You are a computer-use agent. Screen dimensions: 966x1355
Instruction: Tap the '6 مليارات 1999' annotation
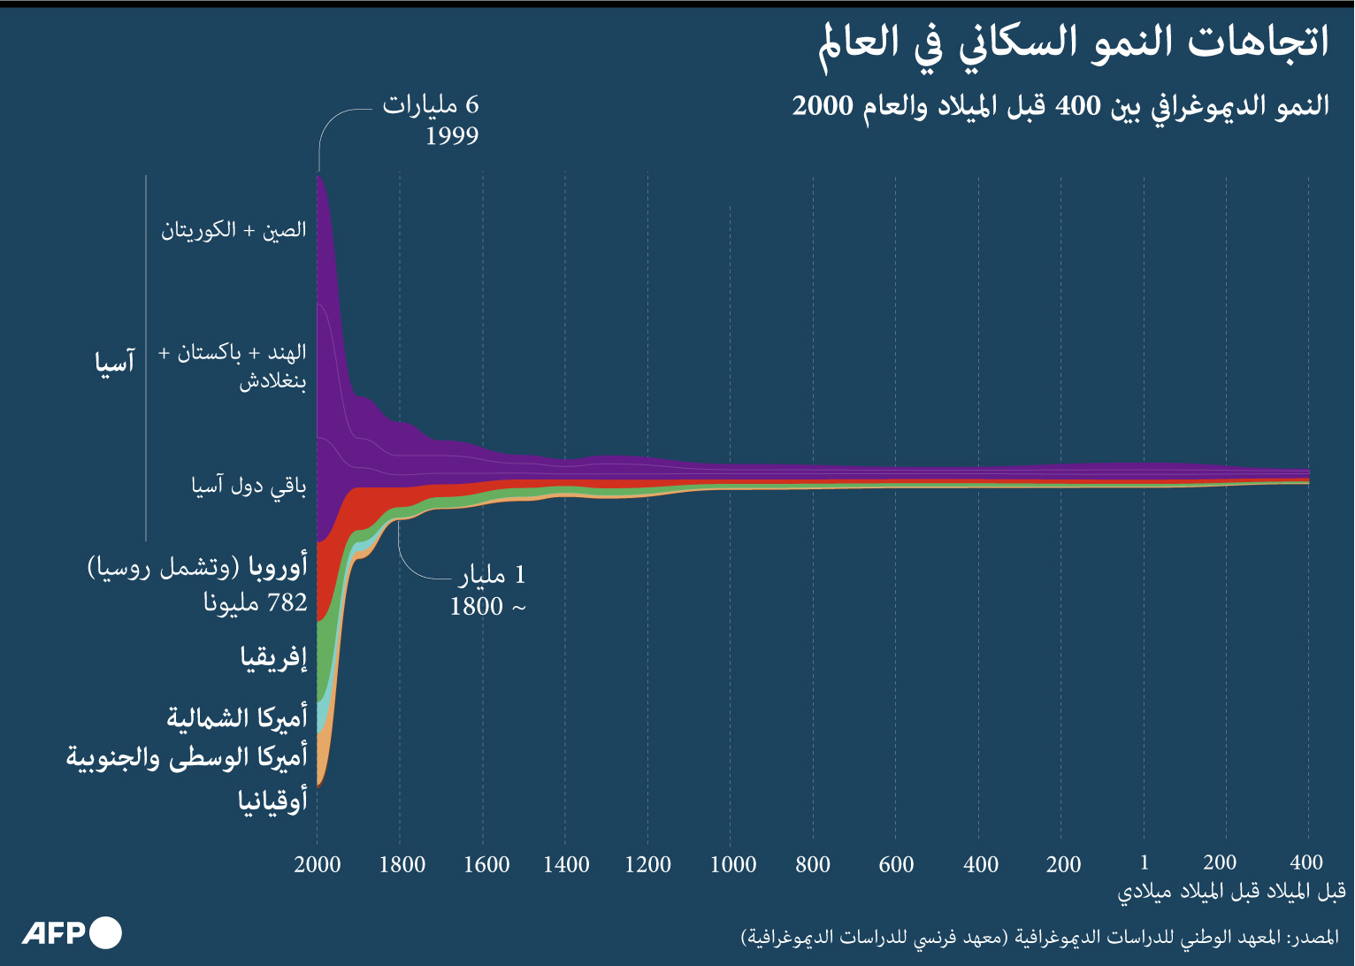(431, 119)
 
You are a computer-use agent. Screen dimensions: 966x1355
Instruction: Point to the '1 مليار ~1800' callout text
(489, 591)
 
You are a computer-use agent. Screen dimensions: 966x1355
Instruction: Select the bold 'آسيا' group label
(115, 362)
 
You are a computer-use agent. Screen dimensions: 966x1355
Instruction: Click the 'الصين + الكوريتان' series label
(233, 231)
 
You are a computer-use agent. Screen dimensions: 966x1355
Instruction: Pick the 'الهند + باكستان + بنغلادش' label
(233, 366)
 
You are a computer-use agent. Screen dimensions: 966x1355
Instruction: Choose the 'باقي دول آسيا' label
(249, 486)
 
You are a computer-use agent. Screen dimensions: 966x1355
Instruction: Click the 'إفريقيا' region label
(273, 658)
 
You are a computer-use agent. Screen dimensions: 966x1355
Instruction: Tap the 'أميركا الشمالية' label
(237, 717)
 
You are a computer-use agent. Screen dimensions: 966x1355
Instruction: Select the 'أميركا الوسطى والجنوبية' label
(187, 758)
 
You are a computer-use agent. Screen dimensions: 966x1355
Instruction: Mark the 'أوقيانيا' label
(272, 801)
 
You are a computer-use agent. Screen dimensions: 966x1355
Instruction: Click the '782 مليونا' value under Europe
(256, 603)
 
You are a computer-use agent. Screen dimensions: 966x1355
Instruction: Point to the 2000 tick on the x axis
(318, 864)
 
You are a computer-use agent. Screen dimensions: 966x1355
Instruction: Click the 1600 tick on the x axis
(486, 864)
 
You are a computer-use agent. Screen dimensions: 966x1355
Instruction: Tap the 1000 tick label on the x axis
(733, 864)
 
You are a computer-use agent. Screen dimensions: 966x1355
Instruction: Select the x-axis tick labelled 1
(1144, 862)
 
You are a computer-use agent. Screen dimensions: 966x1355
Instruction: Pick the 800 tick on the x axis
(812, 864)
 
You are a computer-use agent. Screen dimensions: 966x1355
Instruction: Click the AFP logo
(72, 933)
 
